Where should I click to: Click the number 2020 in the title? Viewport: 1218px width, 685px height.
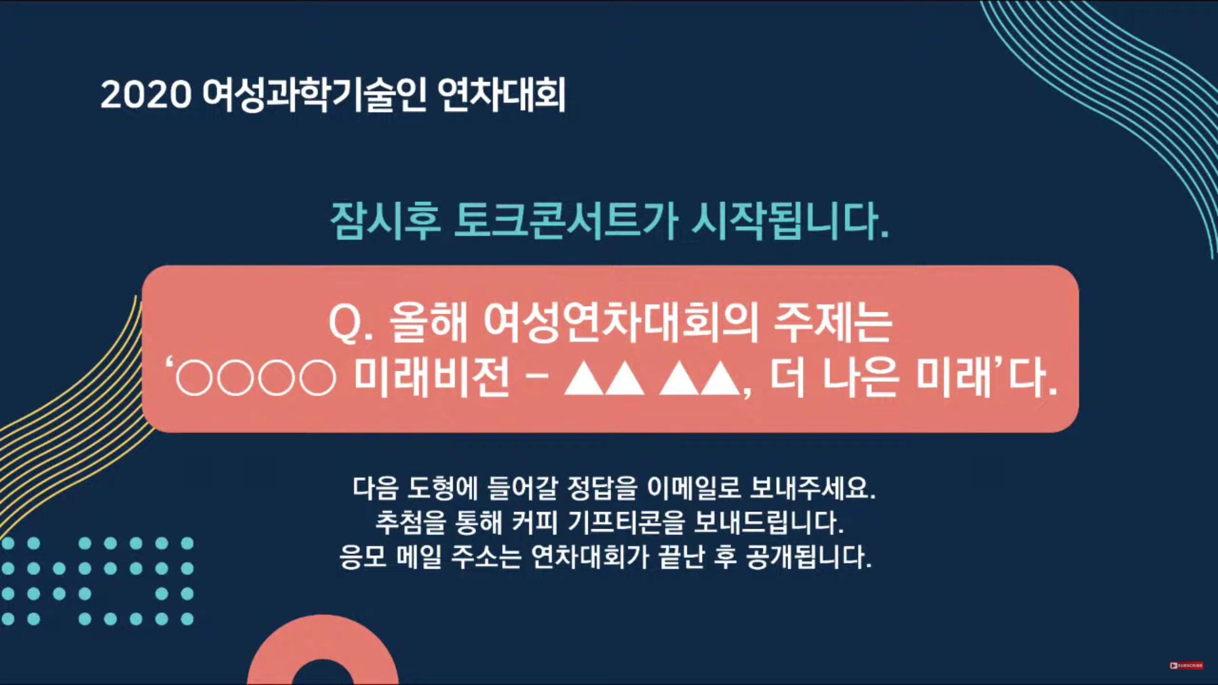pyautogui.click(x=146, y=95)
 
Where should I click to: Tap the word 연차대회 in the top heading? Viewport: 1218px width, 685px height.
pyautogui.click(x=502, y=95)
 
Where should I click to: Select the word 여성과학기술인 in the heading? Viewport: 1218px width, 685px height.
pyautogui.click(x=314, y=95)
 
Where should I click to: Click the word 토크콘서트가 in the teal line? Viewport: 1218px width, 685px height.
pyautogui.click(x=566, y=221)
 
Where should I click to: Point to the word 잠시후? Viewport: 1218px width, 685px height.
pyautogui.click(x=385, y=221)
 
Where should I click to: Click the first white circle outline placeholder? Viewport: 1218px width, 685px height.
pyautogui.click(x=193, y=379)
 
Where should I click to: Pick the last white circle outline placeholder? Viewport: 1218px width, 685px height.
pyautogui.click(x=317, y=379)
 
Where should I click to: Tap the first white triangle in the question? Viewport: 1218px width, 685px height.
pyautogui.click(x=584, y=379)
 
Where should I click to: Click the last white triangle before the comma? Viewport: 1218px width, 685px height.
pyautogui.click(x=721, y=379)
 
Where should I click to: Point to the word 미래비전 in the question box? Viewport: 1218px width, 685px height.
pyautogui.click(x=432, y=378)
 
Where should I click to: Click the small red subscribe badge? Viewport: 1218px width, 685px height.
pyautogui.click(x=1186, y=665)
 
